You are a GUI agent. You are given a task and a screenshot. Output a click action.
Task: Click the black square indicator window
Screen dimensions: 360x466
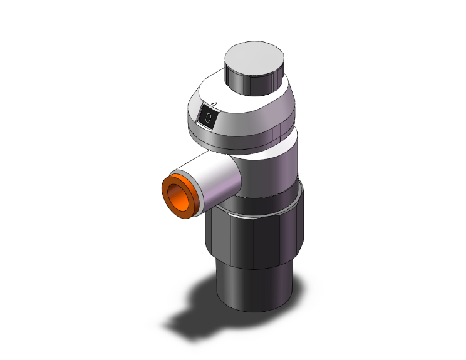(207, 116)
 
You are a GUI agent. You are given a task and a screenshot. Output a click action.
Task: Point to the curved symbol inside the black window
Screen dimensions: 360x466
(208, 116)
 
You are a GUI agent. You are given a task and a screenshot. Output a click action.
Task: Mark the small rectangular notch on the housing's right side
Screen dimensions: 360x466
(276, 133)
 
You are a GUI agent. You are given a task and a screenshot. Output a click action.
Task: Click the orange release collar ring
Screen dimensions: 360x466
(177, 195)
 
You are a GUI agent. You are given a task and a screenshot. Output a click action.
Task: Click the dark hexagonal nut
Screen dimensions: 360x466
(257, 238)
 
